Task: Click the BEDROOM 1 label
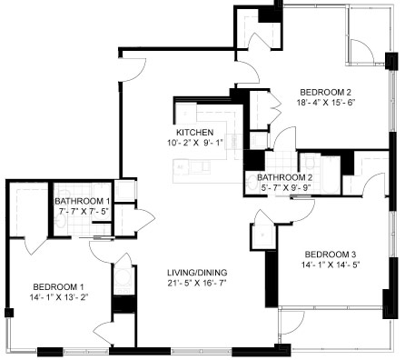pos(58,286)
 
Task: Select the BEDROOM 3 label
pos(331,254)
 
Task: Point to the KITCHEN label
pos(194,133)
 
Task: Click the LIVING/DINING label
pos(197,273)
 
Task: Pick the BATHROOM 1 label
pos(83,201)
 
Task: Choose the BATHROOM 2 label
pos(284,177)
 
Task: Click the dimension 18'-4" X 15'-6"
pos(325,103)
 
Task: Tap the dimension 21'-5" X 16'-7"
pos(197,283)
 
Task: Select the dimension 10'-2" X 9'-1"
pos(194,143)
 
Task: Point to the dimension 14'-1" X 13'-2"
pos(58,297)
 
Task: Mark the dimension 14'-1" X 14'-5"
pos(331,265)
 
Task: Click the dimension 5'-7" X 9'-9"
pos(286,188)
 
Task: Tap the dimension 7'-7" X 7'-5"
pos(84,211)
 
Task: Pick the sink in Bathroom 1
pos(62,222)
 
